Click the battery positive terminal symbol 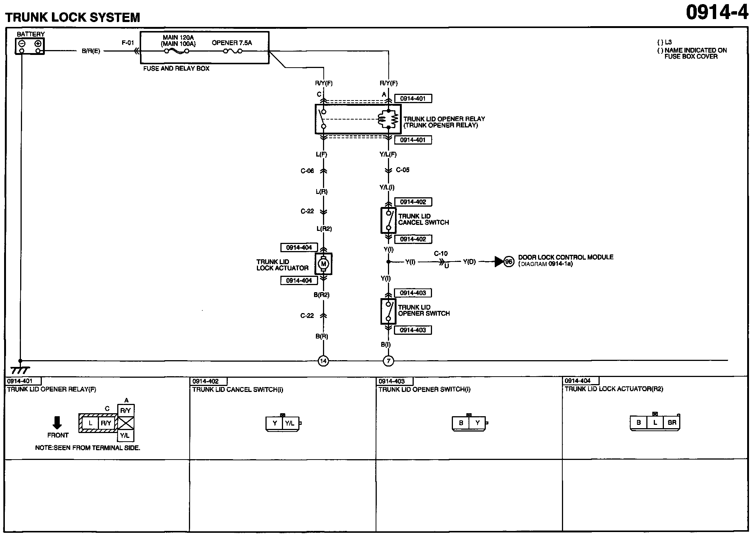(38, 43)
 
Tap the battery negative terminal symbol (22, 43)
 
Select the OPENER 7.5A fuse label (232, 43)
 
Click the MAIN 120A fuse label (178, 38)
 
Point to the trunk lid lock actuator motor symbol (324, 264)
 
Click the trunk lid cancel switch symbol (388, 220)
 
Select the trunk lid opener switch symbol (388, 311)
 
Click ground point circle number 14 (323, 361)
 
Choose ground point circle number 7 (388, 361)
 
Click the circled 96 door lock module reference (509, 262)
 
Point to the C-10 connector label (441, 254)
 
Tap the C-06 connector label (307, 171)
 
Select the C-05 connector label (403, 170)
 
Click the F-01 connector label (128, 43)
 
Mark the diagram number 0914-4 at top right (717, 13)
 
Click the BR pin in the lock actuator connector (672, 423)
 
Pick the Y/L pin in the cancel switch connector (290, 423)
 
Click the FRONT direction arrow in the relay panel (57, 423)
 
